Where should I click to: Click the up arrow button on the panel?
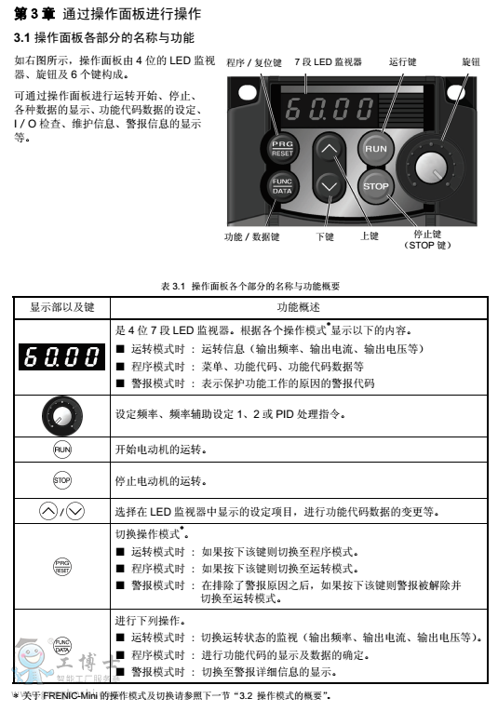coord(327,147)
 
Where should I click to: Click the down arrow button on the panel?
coord(327,185)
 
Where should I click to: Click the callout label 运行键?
coord(402,61)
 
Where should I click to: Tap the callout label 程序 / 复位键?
coord(252,61)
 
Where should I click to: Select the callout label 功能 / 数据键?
coord(251,236)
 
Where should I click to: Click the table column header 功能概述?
coord(298,306)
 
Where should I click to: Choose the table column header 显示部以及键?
coord(61,306)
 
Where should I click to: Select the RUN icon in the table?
coord(61,450)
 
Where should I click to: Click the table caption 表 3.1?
coord(176,286)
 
